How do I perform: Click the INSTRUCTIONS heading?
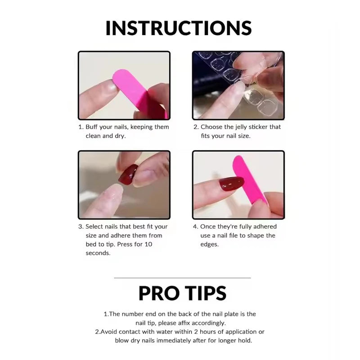(x=179, y=27)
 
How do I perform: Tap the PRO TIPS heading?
(x=182, y=293)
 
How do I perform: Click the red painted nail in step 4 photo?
(x=231, y=184)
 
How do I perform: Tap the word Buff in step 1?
(x=93, y=127)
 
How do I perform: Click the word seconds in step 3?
(x=98, y=253)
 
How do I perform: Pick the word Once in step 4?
(x=208, y=226)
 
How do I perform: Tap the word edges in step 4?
(x=209, y=244)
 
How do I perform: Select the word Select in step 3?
(x=94, y=226)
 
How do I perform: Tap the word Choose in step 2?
(x=211, y=127)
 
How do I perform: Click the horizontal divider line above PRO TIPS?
(x=182, y=278)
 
